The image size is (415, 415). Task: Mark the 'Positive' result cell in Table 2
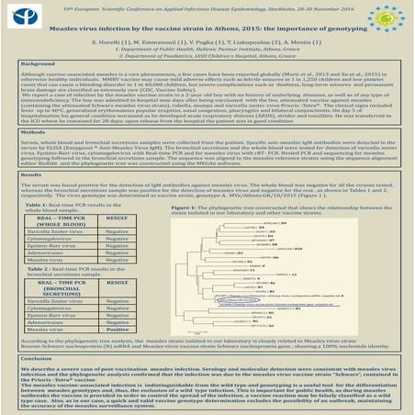[x=117, y=355]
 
